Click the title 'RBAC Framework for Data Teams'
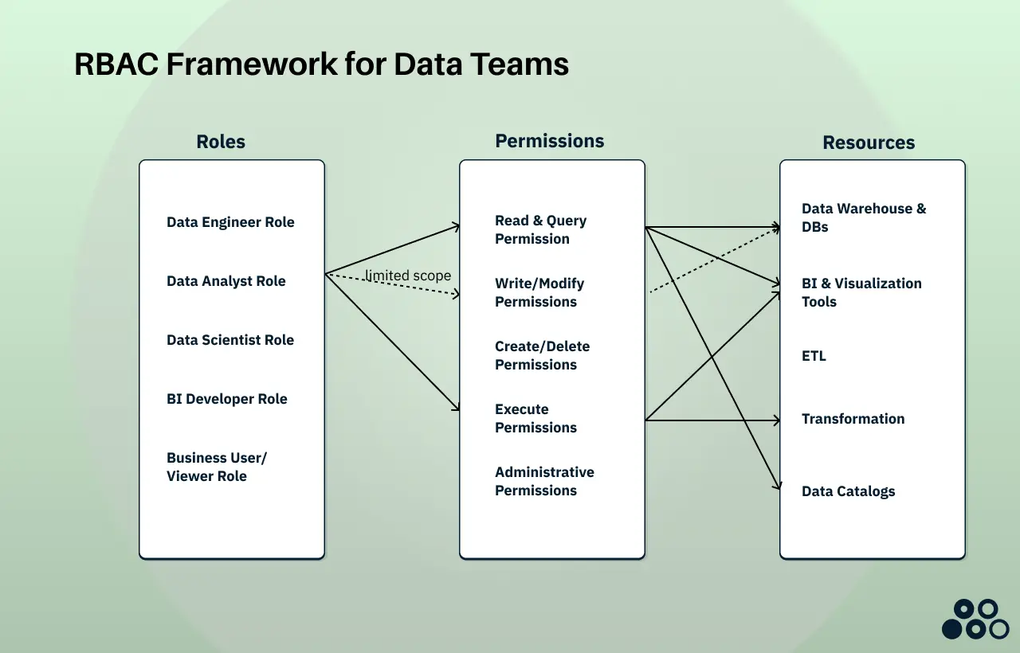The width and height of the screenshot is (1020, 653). pos(321,64)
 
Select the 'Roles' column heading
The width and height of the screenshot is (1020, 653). pos(221,142)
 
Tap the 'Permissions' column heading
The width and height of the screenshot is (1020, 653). pos(549,141)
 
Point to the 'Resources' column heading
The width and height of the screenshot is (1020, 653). pos(869,143)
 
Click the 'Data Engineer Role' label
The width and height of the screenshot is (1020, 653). pos(230,222)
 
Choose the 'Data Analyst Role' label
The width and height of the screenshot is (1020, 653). pos(226,281)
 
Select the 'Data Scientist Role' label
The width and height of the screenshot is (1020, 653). pos(230,340)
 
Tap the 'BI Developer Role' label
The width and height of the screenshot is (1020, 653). pos(226,399)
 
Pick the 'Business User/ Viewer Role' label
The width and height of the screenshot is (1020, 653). pos(216,467)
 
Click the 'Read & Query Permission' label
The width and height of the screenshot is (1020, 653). pos(540,229)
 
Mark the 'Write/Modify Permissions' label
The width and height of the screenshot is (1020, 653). pos(539,292)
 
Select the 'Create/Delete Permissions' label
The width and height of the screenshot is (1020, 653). pos(542,355)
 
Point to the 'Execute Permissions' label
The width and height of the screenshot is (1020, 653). pos(535,418)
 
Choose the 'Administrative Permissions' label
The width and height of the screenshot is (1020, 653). pos(544,481)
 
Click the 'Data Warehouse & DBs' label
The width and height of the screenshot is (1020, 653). pos(864,217)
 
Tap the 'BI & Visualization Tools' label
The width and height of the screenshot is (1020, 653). pos(861,292)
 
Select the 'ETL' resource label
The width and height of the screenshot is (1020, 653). pos(814,356)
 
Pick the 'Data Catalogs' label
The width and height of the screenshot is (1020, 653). pos(848,491)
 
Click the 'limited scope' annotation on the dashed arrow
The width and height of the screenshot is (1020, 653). pos(408,276)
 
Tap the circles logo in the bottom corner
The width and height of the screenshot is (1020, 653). pos(975,620)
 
